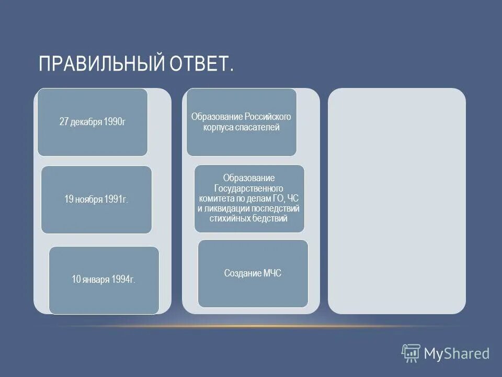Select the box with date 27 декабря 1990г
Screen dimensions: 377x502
click(x=93, y=122)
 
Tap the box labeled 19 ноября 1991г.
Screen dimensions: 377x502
click(x=96, y=199)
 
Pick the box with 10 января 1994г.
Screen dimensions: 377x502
click(x=104, y=280)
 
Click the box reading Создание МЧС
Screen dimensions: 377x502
click(x=253, y=273)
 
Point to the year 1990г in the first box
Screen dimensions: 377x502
click(x=115, y=122)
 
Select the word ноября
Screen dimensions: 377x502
click(x=88, y=199)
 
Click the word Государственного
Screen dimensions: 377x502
click(x=249, y=188)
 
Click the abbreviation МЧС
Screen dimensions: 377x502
click(x=272, y=273)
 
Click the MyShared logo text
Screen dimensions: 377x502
click(x=457, y=353)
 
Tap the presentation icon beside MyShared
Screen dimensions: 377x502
click(x=411, y=353)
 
